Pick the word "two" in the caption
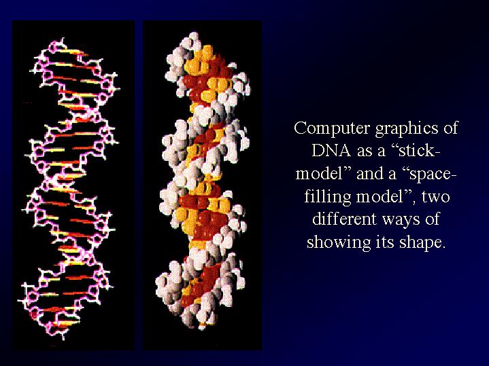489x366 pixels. tap(436, 197)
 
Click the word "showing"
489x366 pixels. tap(339, 242)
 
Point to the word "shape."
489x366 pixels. tap(421, 242)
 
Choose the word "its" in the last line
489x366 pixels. tap(384, 242)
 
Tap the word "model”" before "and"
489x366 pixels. tap(324, 174)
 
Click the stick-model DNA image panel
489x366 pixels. tap(73, 185)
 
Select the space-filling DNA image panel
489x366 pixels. tap(202, 185)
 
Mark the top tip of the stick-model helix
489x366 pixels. tap(63, 38)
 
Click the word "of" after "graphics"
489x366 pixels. tap(450, 128)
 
